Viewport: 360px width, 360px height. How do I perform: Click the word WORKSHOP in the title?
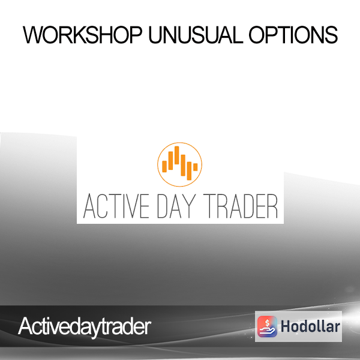pos(83,35)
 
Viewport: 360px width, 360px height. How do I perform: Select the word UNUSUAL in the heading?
pos(196,35)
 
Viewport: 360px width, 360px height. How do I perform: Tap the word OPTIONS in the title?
pos(293,35)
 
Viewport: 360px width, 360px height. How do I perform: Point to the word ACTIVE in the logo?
pos(116,206)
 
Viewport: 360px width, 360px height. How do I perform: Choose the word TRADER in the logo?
pos(241,206)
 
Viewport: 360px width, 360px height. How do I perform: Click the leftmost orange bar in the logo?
pos(164,166)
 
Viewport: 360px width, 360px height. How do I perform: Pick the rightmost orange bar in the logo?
pos(196,167)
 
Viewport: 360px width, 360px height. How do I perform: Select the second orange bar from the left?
pos(170,160)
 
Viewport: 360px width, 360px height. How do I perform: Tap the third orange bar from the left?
pos(177,155)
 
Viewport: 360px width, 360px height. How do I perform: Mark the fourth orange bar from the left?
pos(183,166)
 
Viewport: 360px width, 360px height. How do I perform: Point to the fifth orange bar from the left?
pos(189,171)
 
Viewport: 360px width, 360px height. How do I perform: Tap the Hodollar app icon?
pos(267,326)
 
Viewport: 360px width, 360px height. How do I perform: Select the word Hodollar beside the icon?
pos(310,326)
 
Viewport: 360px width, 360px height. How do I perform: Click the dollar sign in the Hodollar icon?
pos(267,323)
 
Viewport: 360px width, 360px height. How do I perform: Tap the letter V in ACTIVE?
pos(128,206)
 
